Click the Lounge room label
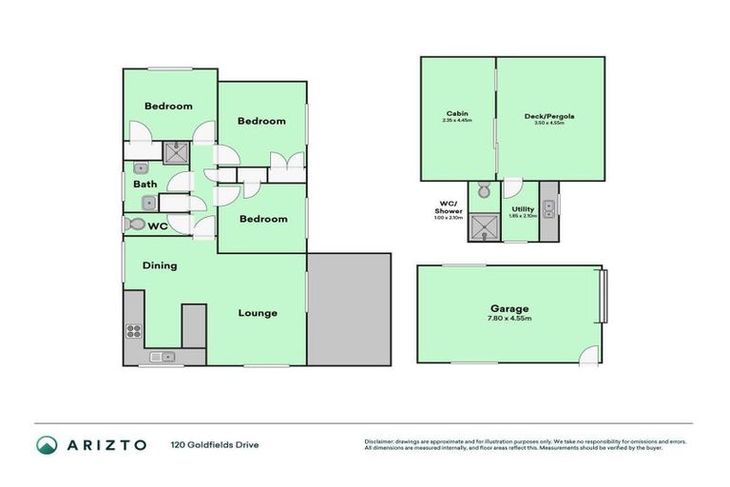point(258,313)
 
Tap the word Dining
point(160,265)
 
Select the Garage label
point(509,308)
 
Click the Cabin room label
point(456,113)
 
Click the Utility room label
point(523,208)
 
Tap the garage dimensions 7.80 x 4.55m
point(509,320)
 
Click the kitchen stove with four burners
point(134,331)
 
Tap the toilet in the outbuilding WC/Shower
point(483,191)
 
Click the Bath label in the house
point(144,185)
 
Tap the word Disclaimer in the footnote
point(381,441)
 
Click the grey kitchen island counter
point(194,324)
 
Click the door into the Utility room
point(512,187)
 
